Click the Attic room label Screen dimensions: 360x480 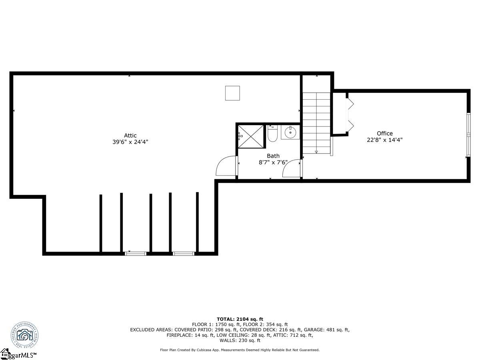(130, 136)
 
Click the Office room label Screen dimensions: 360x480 (384, 134)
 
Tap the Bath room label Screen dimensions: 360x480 (273, 156)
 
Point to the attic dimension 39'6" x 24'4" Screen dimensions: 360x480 (130, 142)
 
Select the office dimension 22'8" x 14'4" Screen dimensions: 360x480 (384, 140)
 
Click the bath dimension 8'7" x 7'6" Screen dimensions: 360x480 (273, 162)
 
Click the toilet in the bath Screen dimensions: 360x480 (273, 134)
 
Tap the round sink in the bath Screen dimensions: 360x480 (290, 132)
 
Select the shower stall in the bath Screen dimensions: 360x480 (251, 136)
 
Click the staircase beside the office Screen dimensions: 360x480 (316, 122)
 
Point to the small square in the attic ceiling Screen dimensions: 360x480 (232, 93)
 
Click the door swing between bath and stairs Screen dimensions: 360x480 (292, 169)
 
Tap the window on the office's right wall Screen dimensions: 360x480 (468, 136)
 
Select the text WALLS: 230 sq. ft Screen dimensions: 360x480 (240, 341)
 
